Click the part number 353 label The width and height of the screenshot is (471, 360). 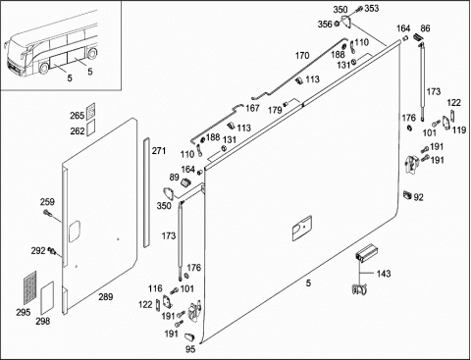click(371, 8)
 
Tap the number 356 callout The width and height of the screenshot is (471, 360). click(325, 25)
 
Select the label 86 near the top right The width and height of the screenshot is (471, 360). click(425, 28)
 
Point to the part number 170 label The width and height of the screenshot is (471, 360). click(302, 56)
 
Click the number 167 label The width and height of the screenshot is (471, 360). click(252, 108)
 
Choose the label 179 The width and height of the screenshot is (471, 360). click(275, 110)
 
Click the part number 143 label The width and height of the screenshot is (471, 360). click(384, 273)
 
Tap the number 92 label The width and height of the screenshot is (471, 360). click(418, 197)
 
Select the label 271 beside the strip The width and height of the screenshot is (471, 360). click(159, 151)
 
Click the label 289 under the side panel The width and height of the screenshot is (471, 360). click(106, 296)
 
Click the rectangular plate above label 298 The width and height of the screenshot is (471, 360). click(47, 298)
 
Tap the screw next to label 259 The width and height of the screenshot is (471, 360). click(47, 213)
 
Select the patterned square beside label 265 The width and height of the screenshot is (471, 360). click(90, 111)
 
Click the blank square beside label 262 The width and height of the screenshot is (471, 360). click(90, 127)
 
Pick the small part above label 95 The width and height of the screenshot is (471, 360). click(190, 336)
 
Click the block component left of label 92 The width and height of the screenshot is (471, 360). click(407, 194)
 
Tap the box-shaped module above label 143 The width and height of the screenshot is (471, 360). click(366, 252)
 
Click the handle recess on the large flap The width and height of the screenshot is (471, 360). click(302, 229)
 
